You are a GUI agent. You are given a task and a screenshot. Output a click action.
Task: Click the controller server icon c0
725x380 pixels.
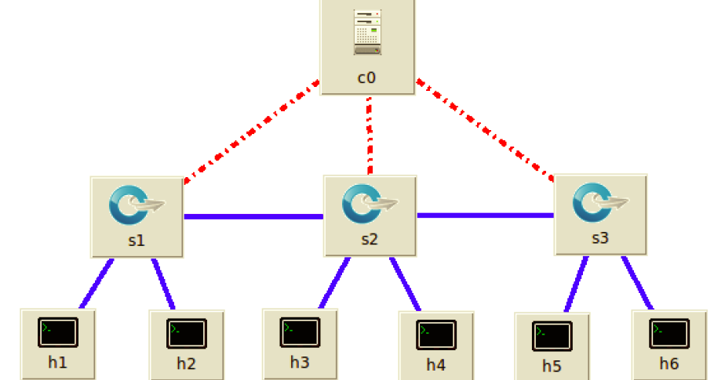click(367, 32)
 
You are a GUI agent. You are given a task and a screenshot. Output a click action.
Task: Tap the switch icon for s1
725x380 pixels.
click(137, 204)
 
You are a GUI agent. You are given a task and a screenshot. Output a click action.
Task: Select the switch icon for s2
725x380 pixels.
click(370, 204)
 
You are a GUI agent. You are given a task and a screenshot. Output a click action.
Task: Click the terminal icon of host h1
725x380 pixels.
click(58, 333)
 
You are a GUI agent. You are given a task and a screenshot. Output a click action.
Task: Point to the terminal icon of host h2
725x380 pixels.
click(187, 334)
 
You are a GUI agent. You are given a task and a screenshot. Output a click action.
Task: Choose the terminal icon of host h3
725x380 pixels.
click(300, 333)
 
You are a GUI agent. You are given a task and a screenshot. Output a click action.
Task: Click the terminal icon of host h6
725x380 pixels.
click(669, 334)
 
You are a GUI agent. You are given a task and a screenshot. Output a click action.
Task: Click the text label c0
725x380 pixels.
click(367, 78)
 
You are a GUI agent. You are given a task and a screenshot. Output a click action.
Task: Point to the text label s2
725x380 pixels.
click(370, 240)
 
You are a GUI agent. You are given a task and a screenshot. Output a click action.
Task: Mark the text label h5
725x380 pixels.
click(552, 366)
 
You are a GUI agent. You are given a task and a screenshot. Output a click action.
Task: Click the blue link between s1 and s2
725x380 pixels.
click(253, 216)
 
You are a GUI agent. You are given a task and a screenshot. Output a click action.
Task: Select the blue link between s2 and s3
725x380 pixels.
click(485, 215)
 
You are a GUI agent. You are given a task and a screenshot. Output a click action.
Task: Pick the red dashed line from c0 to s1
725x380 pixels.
click(251, 131)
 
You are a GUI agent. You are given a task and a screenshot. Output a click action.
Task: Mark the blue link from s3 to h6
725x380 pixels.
click(637, 283)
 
